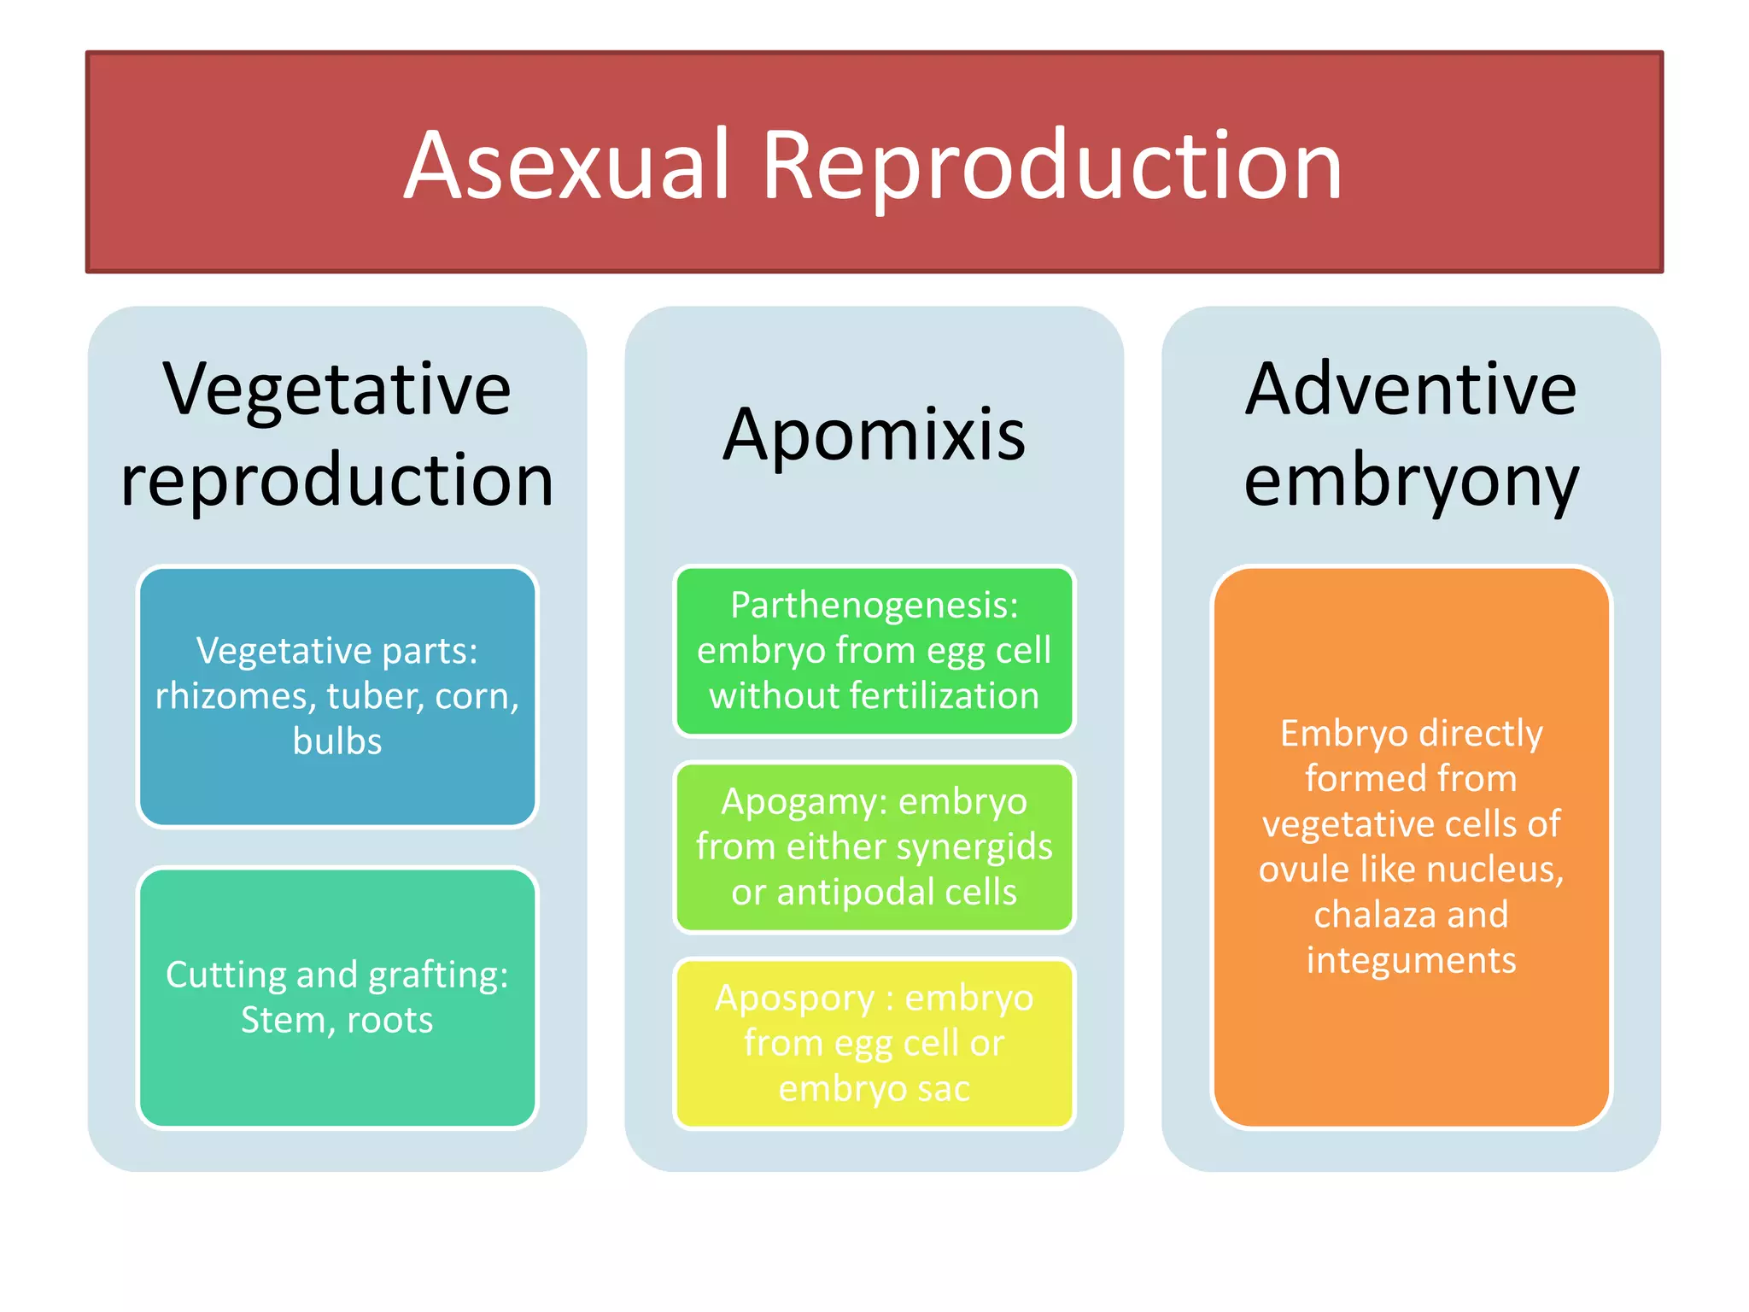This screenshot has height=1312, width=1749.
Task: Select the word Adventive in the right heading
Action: click(1410, 389)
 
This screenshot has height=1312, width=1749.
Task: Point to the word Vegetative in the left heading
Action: click(337, 389)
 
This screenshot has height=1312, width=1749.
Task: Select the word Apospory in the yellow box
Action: click(794, 999)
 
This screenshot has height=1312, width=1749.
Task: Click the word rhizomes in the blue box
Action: click(234, 696)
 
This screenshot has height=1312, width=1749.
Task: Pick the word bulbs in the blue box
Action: click(337, 741)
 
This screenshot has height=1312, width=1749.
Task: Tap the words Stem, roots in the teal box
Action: click(337, 1020)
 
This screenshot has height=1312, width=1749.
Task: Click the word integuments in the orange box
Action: click(1411, 960)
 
